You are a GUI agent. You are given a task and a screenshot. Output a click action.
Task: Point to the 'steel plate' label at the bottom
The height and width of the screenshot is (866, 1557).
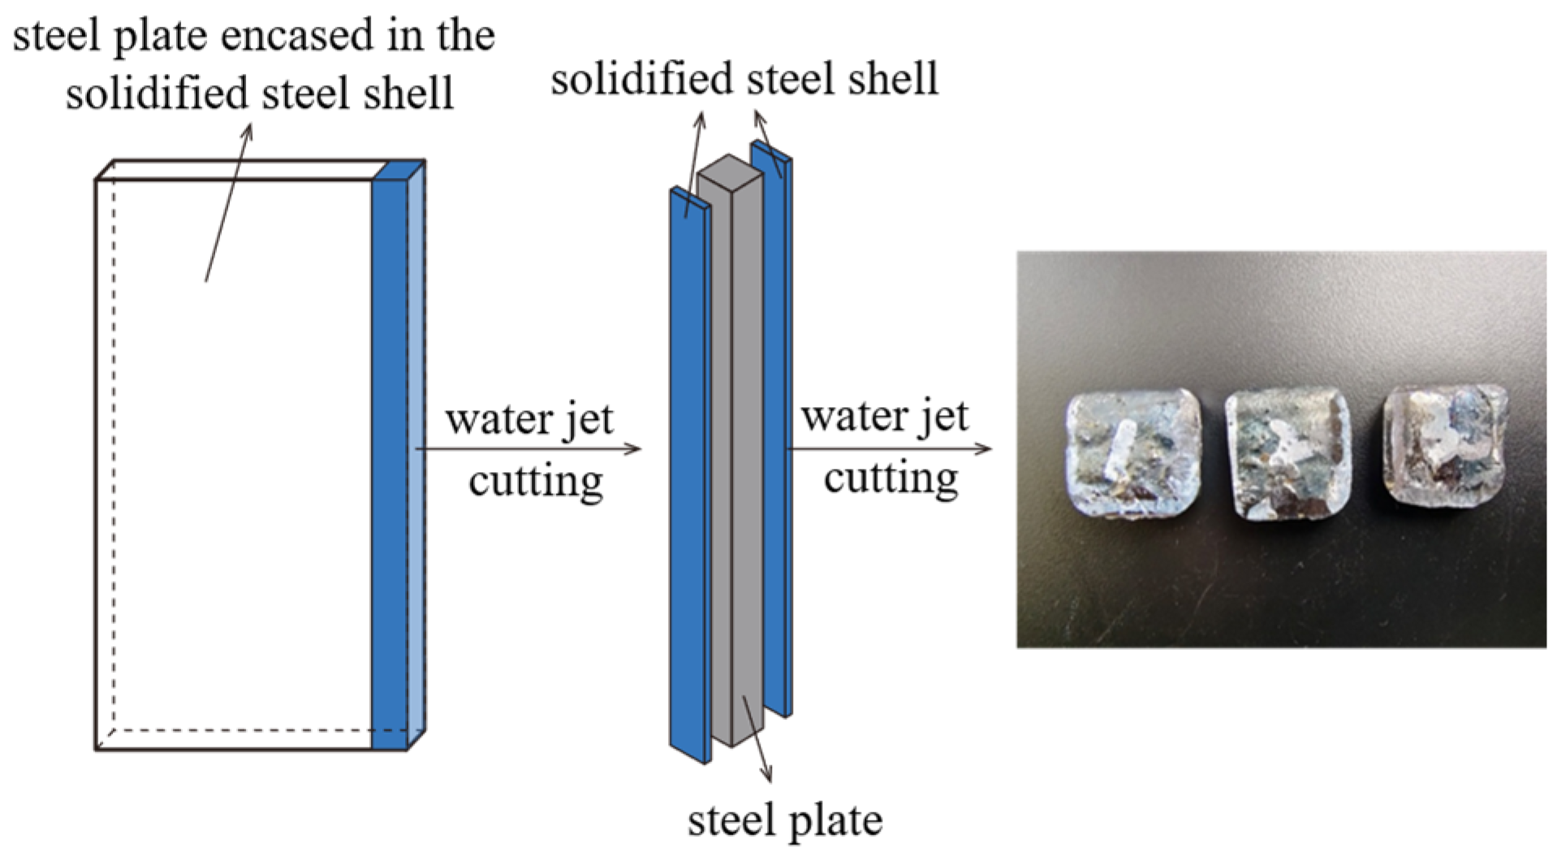pyautogui.click(x=784, y=821)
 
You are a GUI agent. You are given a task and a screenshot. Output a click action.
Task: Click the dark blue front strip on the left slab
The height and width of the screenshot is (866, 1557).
pyautogui.click(x=390, y=463)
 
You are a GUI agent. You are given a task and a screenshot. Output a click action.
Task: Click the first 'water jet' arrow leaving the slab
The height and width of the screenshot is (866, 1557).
pyautogui.click(x=528, y=448)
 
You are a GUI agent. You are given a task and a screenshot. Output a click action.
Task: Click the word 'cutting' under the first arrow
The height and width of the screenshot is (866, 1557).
pyautogui.click(x=536, y=481)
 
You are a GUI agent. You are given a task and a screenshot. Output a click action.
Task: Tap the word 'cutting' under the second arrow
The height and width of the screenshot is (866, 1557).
pyautogui.click(x=891, y=478)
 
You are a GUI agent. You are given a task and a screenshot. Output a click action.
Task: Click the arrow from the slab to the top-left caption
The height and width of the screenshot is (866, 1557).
pyautogui.click(x=228, y=203)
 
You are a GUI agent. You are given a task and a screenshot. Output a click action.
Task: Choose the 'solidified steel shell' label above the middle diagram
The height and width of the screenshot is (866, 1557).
pyautogui.click(x=744, y=80)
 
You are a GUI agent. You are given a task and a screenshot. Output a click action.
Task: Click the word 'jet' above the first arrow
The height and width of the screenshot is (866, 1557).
pyautogui.click(x=589, y=420)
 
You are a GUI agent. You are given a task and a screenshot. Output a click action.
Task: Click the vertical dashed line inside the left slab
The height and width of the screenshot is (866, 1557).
pyautogui.click(x=114, y=455)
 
